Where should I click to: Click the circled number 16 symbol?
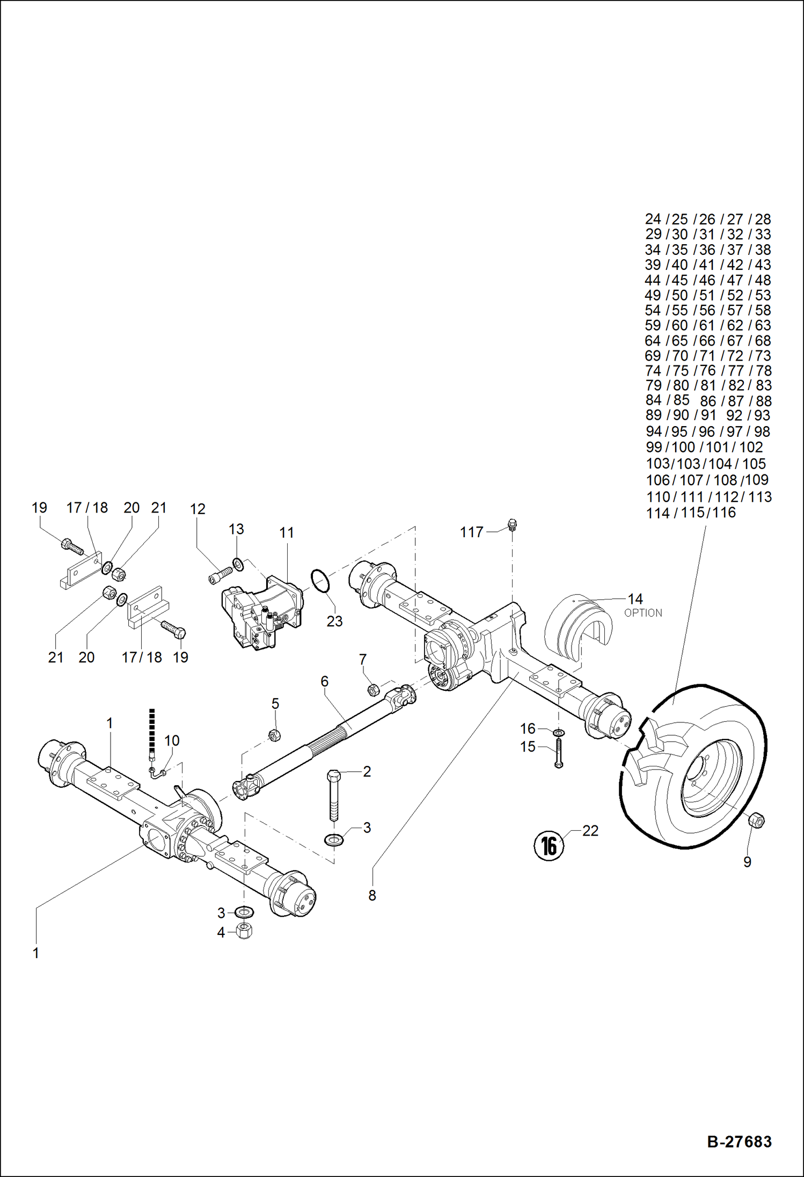point(549,846)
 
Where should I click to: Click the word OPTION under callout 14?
point(643,613)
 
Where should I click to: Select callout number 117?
point(471,532)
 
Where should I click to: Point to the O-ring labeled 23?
point(320,581)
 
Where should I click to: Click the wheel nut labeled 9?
point(756,820)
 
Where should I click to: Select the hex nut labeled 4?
point(245,931)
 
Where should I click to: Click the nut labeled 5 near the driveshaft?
point(274,735)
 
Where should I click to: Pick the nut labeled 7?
point(374,690)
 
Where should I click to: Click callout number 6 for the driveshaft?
point(324,681)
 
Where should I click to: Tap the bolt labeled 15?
point(558,754)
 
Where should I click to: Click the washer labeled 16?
point(558,733)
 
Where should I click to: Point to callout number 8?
point(372,895)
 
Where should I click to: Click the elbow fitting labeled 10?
point(157,773)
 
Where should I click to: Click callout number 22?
point(590,831)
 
